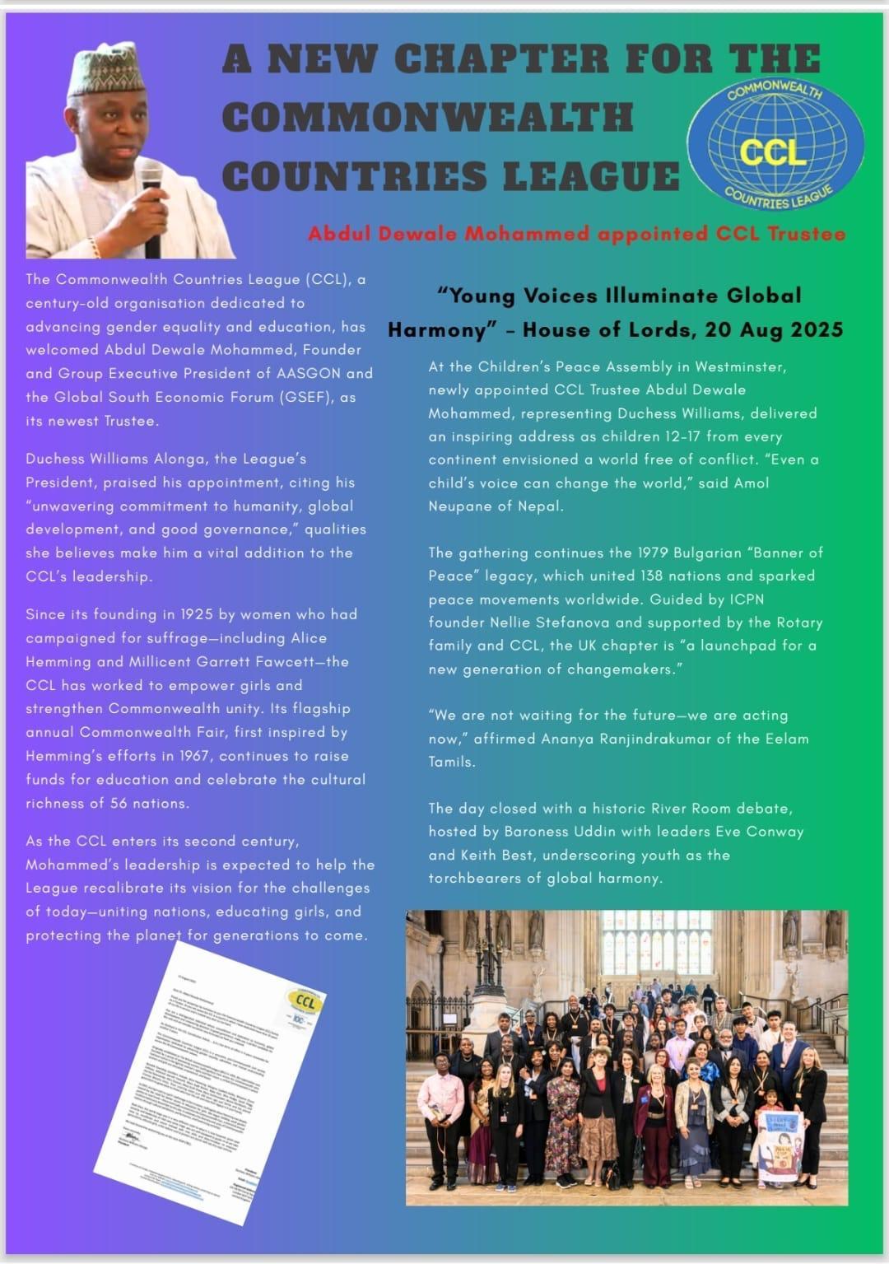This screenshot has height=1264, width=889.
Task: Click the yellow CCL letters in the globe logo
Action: click(x=773, y=152)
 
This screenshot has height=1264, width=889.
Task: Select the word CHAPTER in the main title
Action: click(x=501, y=58)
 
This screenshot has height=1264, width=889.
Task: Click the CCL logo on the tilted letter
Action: click(x=305, y=1001)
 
